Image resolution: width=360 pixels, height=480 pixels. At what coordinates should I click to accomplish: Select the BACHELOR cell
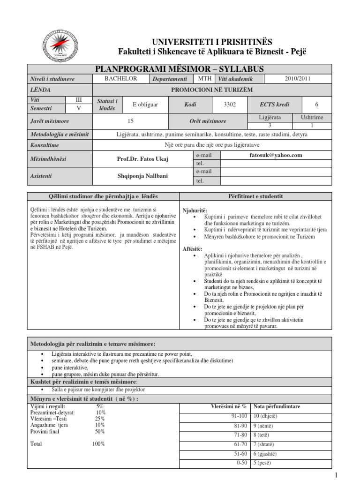click(x=121, y=79)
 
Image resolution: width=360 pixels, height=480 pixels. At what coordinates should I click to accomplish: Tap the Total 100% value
click(x=98, y=443)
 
